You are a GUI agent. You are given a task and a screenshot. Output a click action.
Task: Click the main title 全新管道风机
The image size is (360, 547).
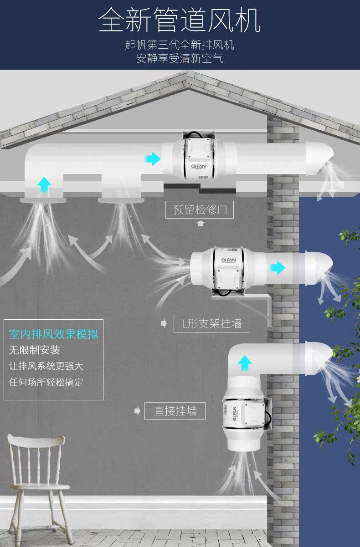coord(180,20)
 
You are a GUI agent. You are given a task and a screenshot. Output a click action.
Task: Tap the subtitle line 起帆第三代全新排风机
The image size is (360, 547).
coord(180,45)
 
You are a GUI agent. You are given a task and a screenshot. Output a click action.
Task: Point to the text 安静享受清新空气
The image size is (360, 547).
coord(180,59)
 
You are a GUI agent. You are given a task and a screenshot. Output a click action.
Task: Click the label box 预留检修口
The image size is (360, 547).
coord(200,210)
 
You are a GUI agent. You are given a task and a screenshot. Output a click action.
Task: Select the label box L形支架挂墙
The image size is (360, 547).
coord(211,323)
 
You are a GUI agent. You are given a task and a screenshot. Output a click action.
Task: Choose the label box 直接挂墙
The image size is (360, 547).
coord(175,411)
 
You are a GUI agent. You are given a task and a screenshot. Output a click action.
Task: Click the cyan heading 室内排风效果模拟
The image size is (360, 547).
coord(54,334)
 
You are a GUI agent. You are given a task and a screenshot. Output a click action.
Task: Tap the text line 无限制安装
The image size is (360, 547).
coord(35,350)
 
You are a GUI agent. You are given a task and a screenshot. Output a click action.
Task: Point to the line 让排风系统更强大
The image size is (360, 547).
coord(46,366)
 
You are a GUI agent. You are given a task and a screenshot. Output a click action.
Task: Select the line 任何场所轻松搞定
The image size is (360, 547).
coord(46,382)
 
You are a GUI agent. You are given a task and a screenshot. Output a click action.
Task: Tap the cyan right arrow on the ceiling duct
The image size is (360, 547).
coord(153,159)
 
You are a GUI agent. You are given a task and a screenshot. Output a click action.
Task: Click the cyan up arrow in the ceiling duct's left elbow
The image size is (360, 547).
coord(44,184)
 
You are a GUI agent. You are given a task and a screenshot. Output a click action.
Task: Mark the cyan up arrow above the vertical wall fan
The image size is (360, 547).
coord(245,363)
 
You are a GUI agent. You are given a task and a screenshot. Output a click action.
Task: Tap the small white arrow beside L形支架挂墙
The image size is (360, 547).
coord(164,323)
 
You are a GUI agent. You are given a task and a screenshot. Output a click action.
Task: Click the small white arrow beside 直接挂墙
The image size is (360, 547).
coord(137,411)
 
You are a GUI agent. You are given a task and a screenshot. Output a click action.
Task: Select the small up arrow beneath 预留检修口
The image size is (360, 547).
coord(200,223)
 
